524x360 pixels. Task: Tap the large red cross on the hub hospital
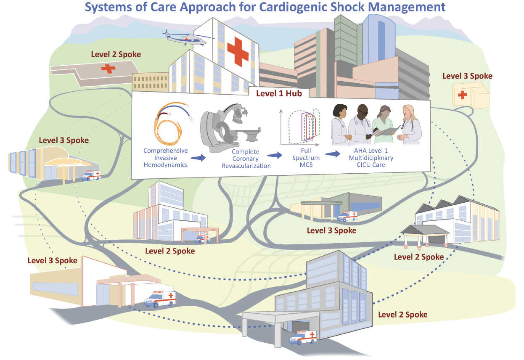(x=238, y=50)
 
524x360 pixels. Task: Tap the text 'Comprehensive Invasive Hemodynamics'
(x=165, y=158)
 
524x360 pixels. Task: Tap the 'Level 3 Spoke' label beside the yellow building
(x=467, y=76)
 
